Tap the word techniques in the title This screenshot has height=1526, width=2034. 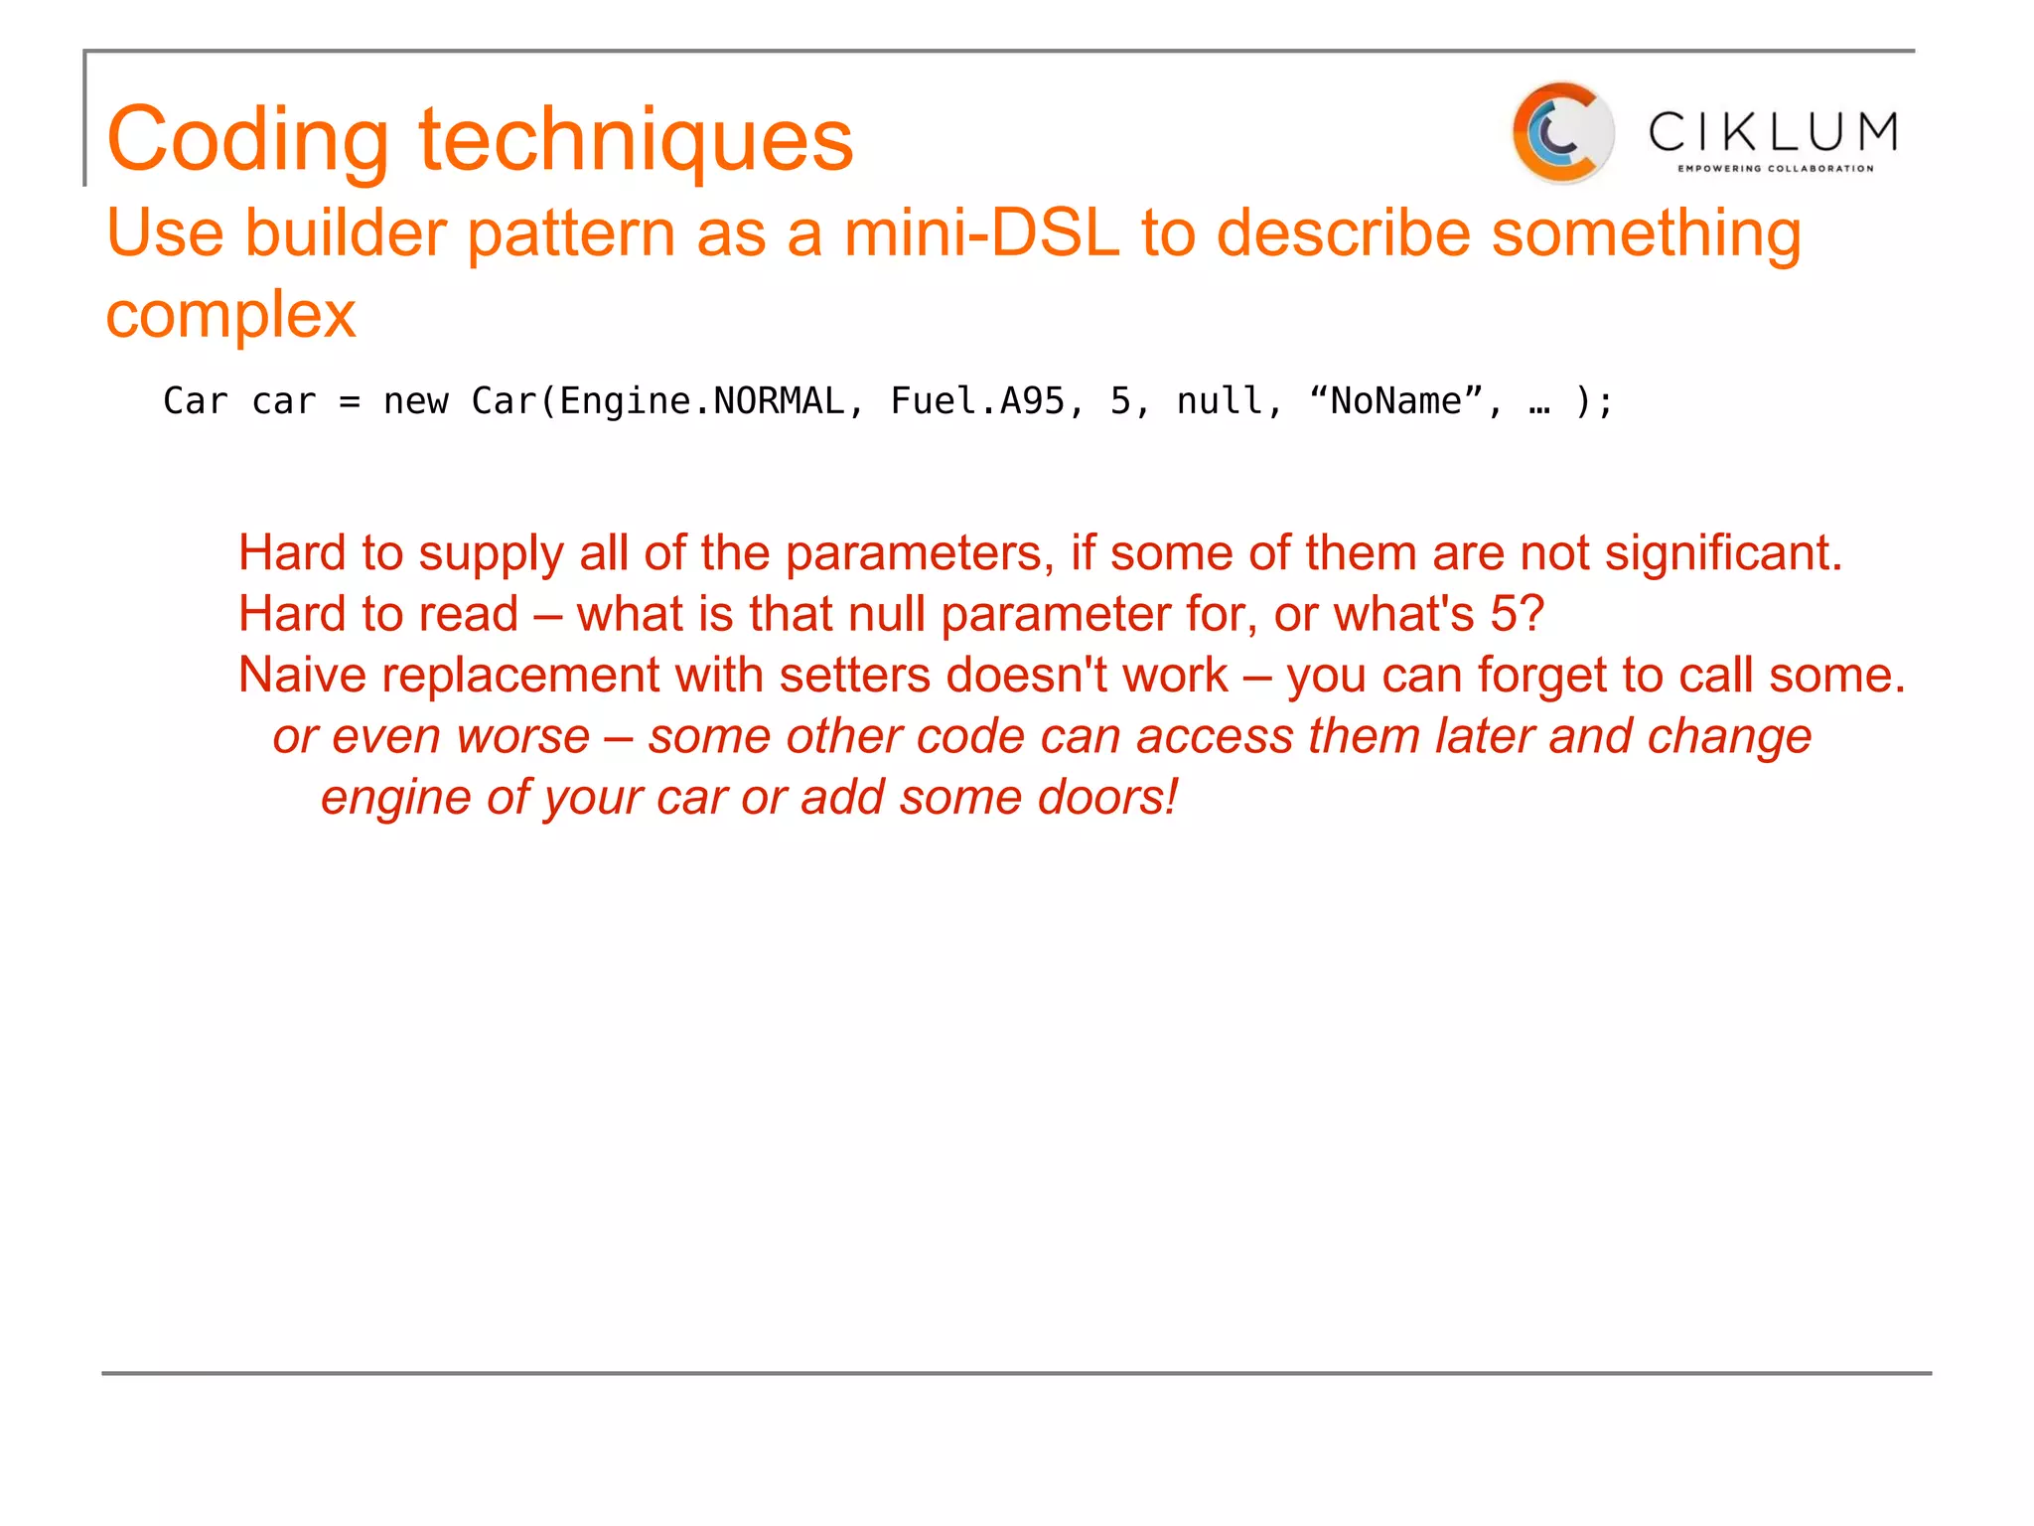pos(636,139)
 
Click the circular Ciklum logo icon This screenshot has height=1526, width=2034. pos(1561,133)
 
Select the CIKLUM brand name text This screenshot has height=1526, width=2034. pos(1773,131)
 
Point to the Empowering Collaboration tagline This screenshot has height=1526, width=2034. pos(1775,169)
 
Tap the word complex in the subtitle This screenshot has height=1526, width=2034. pos(230,315)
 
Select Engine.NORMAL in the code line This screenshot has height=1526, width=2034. pos(701,401)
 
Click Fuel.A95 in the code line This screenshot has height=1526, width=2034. pos(977,401)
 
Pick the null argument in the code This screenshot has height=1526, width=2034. pos(1220,401)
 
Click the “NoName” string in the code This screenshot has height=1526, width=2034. pos(1396,401)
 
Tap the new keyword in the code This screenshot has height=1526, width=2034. pos(416,401)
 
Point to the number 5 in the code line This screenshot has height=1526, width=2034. pos(1120,401)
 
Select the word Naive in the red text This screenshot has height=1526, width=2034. pos(302,675)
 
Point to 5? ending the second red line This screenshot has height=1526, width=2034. pos(1517,614)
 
